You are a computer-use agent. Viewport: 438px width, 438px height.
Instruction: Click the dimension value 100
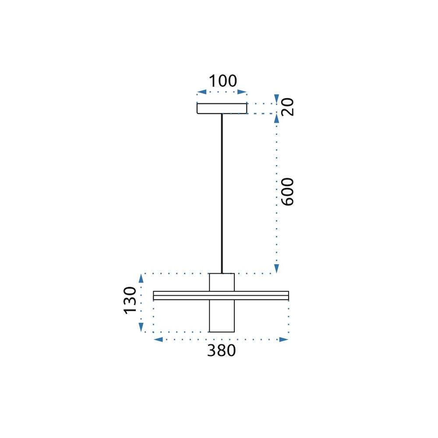[222, 81]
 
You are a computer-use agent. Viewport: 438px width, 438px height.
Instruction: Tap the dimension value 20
[288, 107]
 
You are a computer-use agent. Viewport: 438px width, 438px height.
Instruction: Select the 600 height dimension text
[287, 192]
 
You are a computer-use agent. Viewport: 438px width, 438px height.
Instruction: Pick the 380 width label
[221, 351]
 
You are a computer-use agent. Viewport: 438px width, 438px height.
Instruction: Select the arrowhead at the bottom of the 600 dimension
[276, 268]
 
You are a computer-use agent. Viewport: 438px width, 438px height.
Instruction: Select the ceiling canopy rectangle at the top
[222, 108]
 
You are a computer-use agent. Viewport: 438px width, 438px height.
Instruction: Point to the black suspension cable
[222, 193]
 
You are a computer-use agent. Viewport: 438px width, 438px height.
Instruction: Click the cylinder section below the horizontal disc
[222, 316]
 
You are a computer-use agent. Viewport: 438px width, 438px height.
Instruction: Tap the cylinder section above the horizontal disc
[222, 282]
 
